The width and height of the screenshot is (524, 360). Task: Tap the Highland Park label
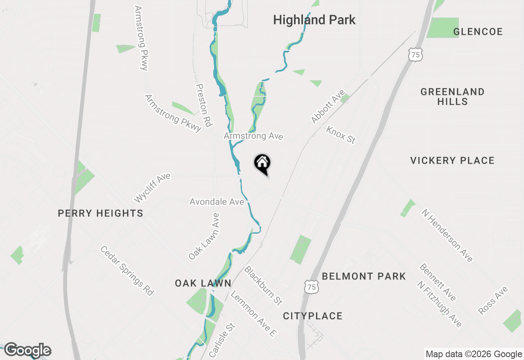point(314,20)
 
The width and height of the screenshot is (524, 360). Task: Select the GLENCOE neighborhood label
point(478,32)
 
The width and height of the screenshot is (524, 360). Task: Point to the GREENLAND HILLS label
point(452,97)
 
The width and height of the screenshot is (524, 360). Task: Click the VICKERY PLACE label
point(452,160)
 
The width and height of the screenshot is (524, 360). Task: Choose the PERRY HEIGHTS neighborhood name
point(100,213)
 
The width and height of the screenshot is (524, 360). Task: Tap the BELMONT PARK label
point(364,277)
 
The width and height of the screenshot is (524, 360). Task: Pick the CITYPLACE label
point(312,316)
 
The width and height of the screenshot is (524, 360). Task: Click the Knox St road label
point(340,135)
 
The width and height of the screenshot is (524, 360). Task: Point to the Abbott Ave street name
point(328,107)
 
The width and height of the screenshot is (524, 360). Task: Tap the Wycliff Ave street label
point(152,188)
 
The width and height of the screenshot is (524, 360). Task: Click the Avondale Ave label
point(217,202)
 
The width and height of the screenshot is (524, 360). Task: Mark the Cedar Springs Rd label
point(127,270)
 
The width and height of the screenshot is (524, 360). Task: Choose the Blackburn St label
point(263,285)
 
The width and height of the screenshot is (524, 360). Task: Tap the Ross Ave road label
point(493,301)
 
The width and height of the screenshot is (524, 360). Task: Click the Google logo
point(27,350)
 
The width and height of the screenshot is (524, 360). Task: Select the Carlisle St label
point(222,340)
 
